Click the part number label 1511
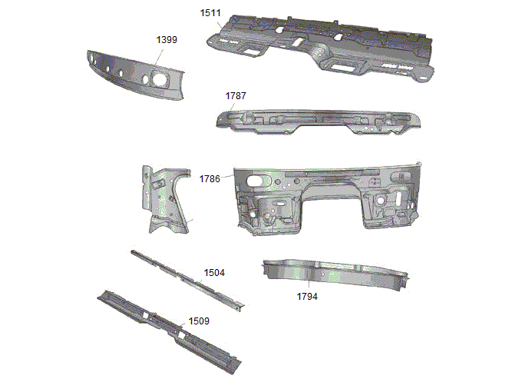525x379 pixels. coord(210,13)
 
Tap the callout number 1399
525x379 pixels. coord(167,40)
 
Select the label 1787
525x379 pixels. coord(236,96)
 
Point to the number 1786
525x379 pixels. coord(210,179)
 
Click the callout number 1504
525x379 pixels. coord(214,273)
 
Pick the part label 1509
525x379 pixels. coord(199,321)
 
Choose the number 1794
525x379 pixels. coord(307,297)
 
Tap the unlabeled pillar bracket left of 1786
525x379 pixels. coord(165,200)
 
